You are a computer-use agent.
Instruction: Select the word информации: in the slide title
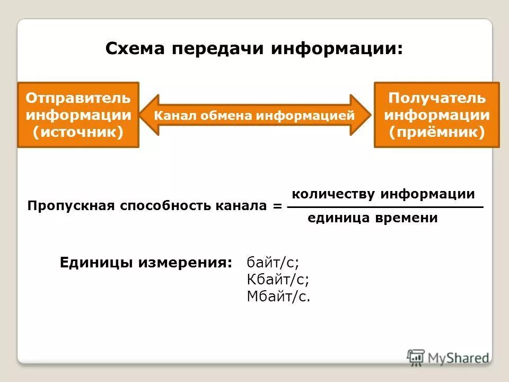[x=337, y=48]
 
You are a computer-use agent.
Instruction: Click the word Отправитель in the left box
[x=78, y=98]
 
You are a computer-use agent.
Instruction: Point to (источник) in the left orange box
[x=78, y=132]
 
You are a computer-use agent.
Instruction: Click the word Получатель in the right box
[x=436, y=98]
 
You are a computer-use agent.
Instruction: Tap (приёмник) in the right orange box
[x=436, y=132]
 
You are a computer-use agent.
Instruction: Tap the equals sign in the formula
[x=278, y=206]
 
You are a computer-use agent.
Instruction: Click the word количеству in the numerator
[x=334, y=194]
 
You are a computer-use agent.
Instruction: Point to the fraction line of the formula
[x=385, y=206]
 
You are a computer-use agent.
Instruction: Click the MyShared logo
[x=448, y=357]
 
